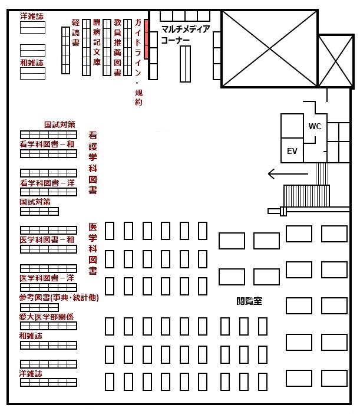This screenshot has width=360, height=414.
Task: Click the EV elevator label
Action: [x=292, y=151]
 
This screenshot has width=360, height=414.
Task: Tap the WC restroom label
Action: [x=315, y=126]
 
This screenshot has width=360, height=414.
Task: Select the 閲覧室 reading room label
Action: [x=249, y=301]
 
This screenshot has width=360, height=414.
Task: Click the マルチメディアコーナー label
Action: [x=186, y=34]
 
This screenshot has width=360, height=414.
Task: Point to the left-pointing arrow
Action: [x=288, y=174]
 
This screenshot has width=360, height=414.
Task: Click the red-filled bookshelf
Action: [x=146, y=39]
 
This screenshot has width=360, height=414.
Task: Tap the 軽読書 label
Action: [x=75, y=32]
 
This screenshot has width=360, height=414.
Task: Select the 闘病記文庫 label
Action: [x=97, y=42]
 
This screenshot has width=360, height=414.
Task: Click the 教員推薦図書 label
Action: [x=117, y=48]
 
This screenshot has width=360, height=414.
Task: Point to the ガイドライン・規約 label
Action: [x=138, y=63]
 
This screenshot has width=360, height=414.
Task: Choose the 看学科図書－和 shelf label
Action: [x=47, y=144]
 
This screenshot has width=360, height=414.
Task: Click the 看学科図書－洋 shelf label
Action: [x=47, y=183]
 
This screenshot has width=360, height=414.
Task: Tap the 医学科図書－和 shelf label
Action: [x=47, y=239]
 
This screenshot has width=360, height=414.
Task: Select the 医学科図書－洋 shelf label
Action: [x=47, y=278]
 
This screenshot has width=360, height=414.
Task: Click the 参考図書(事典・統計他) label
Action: [x=59, y=298]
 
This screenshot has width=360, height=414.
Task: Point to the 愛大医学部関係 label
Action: [x=46, y=317]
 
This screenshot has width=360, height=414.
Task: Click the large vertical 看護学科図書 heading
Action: [x=93, y=163]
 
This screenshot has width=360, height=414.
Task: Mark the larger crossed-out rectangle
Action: [x=269, y=49]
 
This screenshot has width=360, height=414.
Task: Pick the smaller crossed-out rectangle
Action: [x=336, y=61]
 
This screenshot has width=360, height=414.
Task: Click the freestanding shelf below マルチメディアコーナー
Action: [x=185, y=64]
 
